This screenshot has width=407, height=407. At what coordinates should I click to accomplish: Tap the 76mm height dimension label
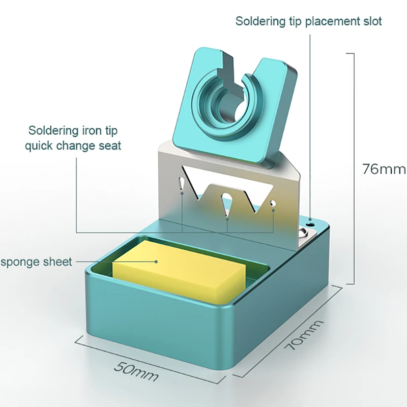pyautogui.click(x=384, y=168)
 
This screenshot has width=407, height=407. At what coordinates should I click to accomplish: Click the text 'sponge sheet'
pyautogui.click(x=36, y=262)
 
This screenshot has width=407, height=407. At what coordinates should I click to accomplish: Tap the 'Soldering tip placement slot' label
pyautogui.click(x=308, y=21)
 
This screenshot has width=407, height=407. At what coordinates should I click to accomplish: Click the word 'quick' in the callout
pyautogui.click(x=42, y=146)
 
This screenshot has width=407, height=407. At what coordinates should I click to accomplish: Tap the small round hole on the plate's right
pyautogui.click(x=273, y=202)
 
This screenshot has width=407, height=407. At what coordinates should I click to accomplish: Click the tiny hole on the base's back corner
pyautogui.click(x=310, y=223)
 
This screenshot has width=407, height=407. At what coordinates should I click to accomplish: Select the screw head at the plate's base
pyautogui.click(x=303, y=234)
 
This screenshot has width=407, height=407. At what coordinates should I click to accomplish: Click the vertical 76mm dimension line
pyautogui.click(x=353, y=168)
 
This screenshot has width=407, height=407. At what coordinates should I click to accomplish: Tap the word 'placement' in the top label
pyautogui.click(x=328, y=21)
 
